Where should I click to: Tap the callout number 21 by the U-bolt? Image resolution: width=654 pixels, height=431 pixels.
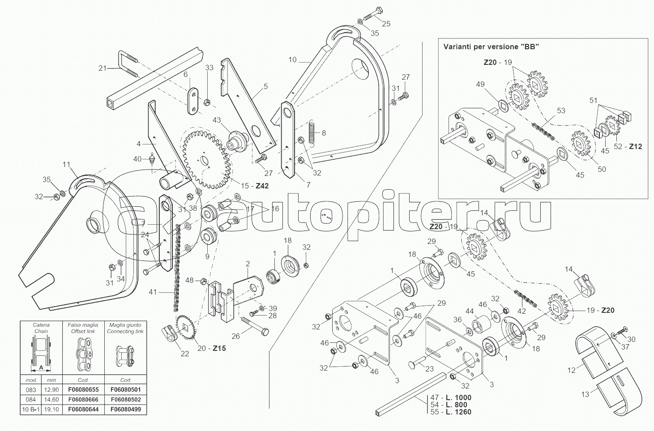coord(103,68)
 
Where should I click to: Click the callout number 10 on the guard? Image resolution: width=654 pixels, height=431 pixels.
coord(292,60)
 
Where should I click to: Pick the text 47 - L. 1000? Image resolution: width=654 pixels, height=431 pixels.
coord(451,397)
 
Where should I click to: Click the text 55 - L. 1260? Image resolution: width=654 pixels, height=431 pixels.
coord(451,412)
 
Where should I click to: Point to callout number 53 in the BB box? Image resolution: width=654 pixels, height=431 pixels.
coord(560,110)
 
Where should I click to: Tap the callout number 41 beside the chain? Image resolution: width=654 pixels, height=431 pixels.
coord(153,292)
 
